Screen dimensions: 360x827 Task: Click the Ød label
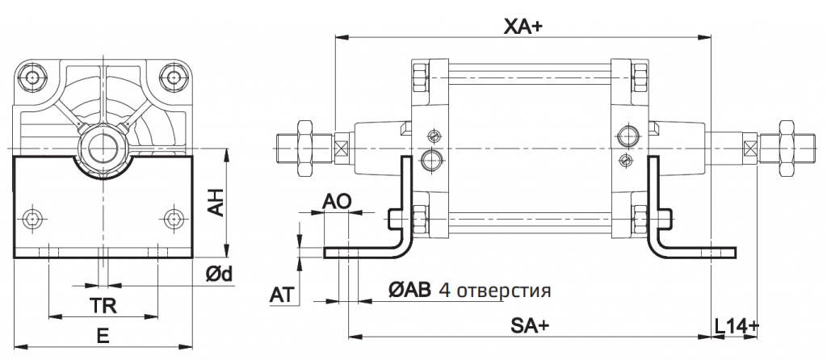(219, 274)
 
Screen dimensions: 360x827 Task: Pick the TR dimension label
(102, 306)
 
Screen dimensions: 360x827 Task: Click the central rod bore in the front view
(103, 148)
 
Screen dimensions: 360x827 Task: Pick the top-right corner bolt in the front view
(172, 77)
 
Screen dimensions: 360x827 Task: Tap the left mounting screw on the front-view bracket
(32, 219)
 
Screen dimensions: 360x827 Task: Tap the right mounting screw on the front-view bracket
(172, 219)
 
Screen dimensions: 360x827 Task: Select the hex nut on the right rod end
(783, 149)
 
